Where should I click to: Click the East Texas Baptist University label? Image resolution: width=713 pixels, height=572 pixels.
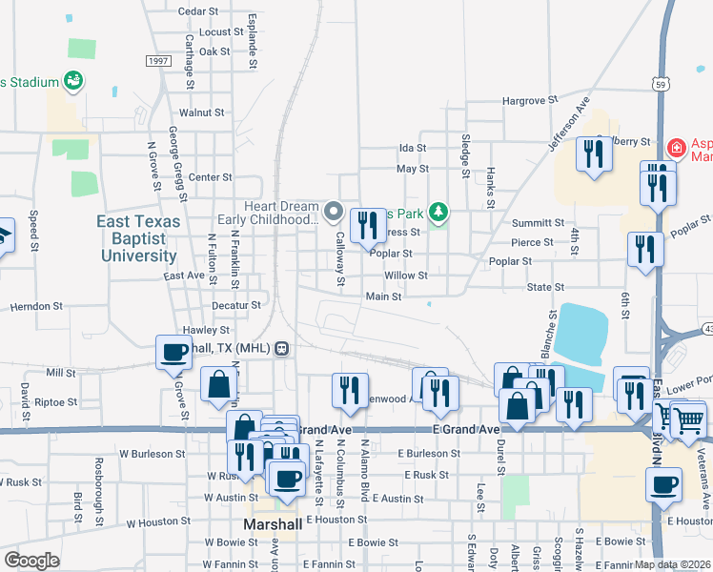pos(137,238)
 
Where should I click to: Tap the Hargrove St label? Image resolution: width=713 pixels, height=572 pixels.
pos(530,100)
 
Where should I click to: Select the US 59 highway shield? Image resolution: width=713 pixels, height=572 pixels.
pos(660,85)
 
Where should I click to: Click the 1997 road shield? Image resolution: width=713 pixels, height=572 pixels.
pos(158,60)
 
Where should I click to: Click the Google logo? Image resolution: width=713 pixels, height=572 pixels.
pos(31,560)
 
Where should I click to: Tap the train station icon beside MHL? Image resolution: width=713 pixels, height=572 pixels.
pos(282,348)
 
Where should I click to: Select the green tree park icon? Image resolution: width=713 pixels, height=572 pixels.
pos(438,211)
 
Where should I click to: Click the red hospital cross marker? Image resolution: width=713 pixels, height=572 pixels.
pos(676,148)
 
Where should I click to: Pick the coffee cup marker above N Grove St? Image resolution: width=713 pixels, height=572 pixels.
pos(175,353)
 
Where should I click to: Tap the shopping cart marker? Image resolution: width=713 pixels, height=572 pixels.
pos(688,419)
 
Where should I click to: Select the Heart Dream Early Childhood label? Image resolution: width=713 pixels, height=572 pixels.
pos(267,214)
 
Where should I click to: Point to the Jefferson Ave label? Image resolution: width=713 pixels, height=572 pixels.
pos(569,123)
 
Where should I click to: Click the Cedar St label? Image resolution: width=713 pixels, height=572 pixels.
pos(198,10)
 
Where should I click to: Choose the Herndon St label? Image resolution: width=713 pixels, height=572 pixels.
pos(36,307)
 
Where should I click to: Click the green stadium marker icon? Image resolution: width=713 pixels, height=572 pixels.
pos(72,82)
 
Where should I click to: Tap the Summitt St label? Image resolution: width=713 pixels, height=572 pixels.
pos(532,222)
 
